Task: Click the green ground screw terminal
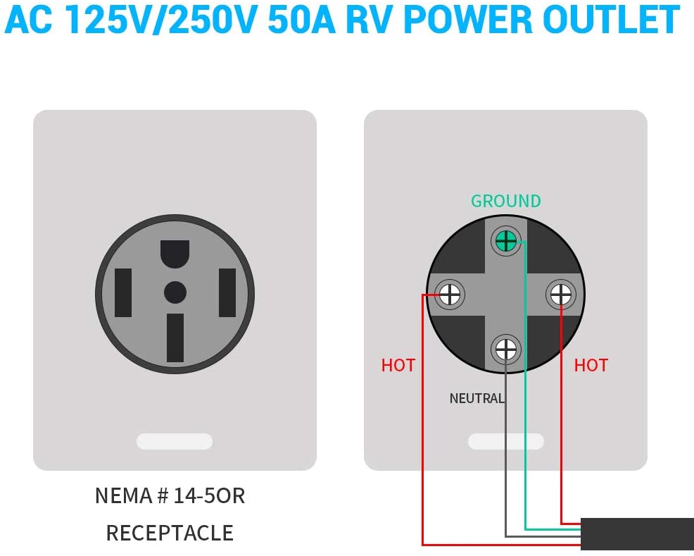point(505,242)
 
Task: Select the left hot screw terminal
point(450,294)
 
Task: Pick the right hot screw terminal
point(561,294)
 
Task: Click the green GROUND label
point(505,201)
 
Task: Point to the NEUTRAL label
point(477,398)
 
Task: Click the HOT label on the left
point(398,365)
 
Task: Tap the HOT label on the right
point(591,365)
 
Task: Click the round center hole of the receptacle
point(175,292)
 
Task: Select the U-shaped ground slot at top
point(175,254)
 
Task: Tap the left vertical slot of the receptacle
point(123,292)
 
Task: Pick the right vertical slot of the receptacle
point(227,292)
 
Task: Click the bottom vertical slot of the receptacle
point(175,338)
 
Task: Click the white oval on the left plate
point(174,442)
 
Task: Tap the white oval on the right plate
point(505,442)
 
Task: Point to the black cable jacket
point(637,533)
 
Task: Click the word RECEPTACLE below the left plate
point(170,533)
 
